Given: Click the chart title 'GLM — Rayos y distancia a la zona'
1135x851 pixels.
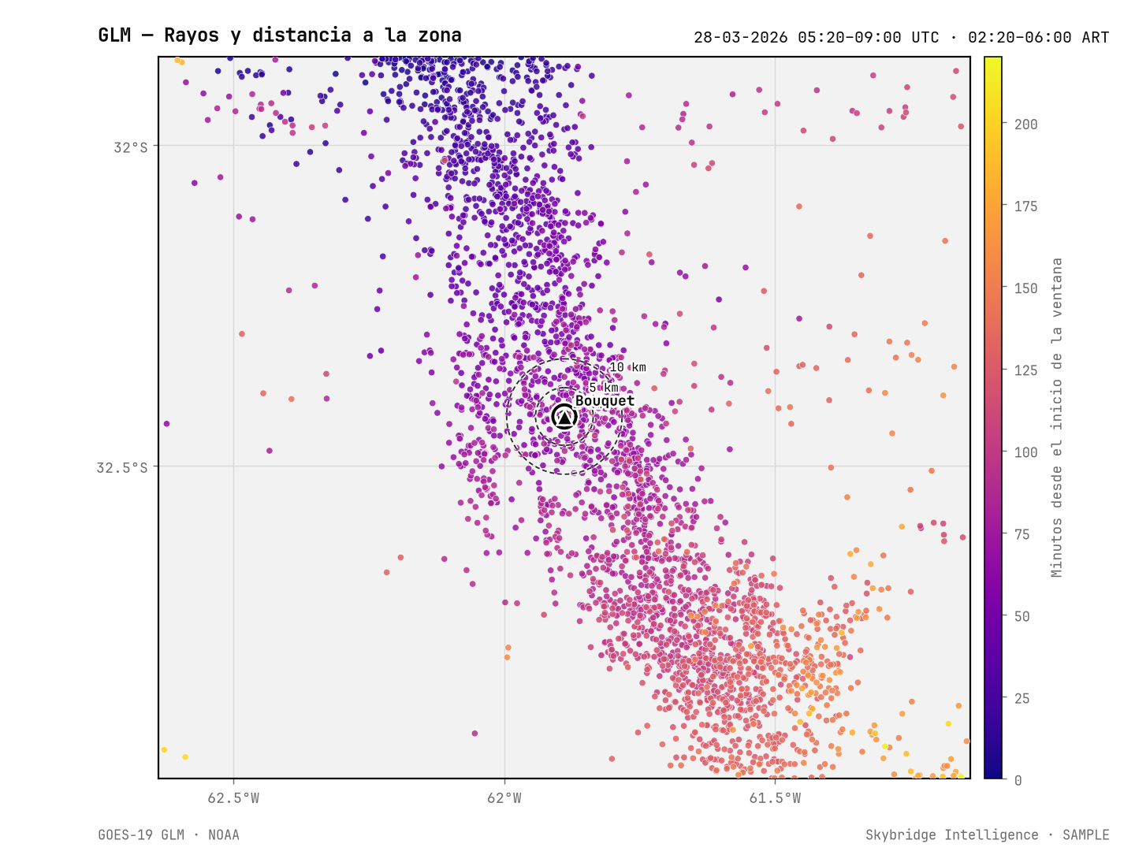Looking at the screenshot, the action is pos(279,35).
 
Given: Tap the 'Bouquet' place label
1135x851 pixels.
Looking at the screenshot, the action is pos(605,401).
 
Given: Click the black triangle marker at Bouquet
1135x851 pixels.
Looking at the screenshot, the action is pos(564,417).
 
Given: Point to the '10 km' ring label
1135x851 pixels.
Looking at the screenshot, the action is pos(627,367).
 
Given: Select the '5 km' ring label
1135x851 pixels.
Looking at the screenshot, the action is pos(604,388).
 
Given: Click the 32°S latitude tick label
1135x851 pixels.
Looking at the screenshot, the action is pos(130,148).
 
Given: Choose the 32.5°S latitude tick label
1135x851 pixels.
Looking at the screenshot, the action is pos(122,467).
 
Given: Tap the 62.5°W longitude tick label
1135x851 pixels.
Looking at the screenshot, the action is pos(233,798).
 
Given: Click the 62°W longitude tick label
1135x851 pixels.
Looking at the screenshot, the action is pos(504,798).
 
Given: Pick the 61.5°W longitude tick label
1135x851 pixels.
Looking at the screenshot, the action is pos(775,798).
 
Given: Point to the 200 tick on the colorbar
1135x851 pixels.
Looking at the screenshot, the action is pos(1025,124).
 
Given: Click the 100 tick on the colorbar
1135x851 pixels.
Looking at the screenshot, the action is pos(1025,452).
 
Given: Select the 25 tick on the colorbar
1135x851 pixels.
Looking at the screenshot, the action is pos(1021,699).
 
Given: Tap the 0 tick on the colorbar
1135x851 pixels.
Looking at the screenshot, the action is pos(1018,781).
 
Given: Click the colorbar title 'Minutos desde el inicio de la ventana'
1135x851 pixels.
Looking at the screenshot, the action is pos(1056,418).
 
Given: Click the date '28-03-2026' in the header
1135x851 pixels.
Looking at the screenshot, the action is pos(740,38).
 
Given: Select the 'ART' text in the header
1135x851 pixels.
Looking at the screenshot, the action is pos(1095,38).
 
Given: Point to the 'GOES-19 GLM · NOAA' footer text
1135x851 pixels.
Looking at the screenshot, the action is pos(169,835).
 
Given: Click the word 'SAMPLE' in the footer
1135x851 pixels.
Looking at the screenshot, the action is pos(1086,835).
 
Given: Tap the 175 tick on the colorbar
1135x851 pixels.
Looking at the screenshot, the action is pos(1025,206).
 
